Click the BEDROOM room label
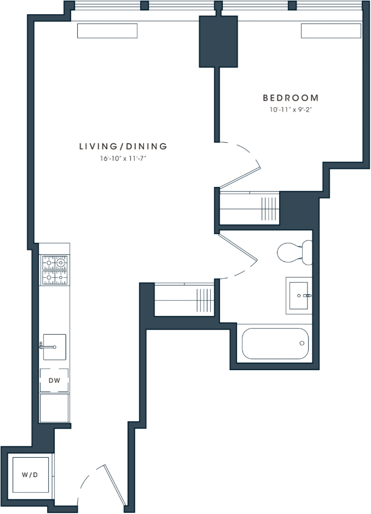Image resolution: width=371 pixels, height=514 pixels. point(291,98)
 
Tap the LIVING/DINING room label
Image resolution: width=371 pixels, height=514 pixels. point(123,146)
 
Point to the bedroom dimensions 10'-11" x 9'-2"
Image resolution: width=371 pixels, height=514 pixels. point(291,110)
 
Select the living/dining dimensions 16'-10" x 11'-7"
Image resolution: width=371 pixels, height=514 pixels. point(123,159)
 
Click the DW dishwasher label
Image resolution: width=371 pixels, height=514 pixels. point(55,381)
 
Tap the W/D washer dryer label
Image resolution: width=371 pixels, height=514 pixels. point(30,475)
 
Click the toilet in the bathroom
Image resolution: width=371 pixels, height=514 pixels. point(294,253)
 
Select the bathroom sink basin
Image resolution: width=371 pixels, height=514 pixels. point(299,296)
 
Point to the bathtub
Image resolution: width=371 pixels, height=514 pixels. point(275,343)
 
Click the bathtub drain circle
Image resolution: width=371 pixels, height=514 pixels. point(302,343)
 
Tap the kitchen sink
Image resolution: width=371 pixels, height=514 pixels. point(55,347)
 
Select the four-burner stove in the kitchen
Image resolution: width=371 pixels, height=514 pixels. point(55,270)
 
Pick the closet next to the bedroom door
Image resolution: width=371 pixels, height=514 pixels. point(250,208)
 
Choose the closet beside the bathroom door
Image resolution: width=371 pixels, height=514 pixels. point(184,300)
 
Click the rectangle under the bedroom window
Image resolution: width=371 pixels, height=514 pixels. point(331,31)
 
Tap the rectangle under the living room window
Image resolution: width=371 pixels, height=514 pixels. point(107,31)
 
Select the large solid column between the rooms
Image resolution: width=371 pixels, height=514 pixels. point(218,42)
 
